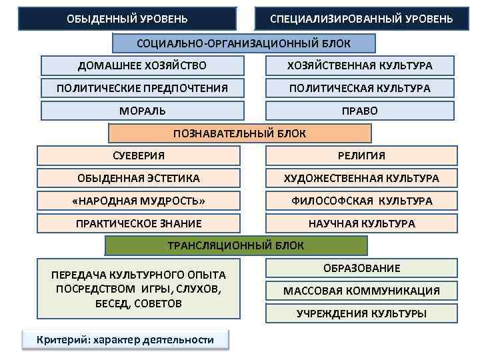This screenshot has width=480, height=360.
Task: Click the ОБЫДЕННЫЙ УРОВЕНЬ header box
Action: [x=127, y=19]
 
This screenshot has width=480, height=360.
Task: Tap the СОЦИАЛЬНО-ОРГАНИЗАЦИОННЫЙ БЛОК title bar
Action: [x=243, y=43]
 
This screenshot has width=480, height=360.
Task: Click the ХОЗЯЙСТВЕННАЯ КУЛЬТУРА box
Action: [x=360, y=65]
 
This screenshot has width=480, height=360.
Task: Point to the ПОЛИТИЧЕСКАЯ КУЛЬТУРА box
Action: [x=360, y=88]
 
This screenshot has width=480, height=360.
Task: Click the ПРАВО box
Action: [x=360, y=111]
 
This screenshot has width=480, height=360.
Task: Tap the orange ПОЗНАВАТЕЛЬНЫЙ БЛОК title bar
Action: [x=239, y=133]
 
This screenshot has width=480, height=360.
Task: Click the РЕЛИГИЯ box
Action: [x=361, y=156]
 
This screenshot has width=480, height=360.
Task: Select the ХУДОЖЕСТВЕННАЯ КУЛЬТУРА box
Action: [x=361, y=178]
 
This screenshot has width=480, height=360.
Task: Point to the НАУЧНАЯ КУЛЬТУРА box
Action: [x=361, y=223]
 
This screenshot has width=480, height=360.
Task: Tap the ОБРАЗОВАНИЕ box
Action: [x=362, y=268]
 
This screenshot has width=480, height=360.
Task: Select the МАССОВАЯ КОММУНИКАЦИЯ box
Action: [x=362, y=291]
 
